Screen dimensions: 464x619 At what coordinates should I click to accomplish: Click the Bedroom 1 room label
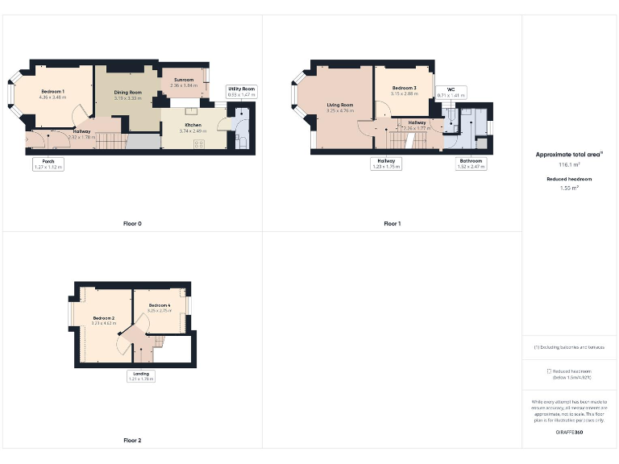pyautogui.click(x=53, y=93)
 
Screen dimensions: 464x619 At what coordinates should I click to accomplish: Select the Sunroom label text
pyautogui.click(x=183, y=81)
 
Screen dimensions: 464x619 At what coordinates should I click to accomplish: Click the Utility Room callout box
pyautogui.click(x=241, y=91)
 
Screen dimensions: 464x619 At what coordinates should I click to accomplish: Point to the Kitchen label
pyautogui.click(x=193, y=126)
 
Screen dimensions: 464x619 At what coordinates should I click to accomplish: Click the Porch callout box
pyautogui.click(x=48, y=164)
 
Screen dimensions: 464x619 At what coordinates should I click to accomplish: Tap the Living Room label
pyautogui.click(x=340, y=106)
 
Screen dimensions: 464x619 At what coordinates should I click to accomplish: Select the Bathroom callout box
pyautogui.click(x=471, y=164)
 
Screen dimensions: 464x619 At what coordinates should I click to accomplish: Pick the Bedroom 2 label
pyautogui.click(x=104, y=319)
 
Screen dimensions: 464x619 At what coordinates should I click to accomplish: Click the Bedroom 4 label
pyautogui.click(x=160, y=305)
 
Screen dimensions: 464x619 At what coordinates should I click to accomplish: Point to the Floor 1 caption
pyautogui.click(x=393, y=223)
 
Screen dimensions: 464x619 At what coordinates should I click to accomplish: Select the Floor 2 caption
pyautogui.click(x=132, y=441)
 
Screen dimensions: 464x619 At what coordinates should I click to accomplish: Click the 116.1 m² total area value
pyautogui.click(x=570, y=164)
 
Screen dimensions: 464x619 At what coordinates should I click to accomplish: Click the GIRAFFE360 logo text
pyautogui.click(x=570, y=433)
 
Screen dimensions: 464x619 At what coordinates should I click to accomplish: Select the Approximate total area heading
pyautogui.click(x=570, y=154)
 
